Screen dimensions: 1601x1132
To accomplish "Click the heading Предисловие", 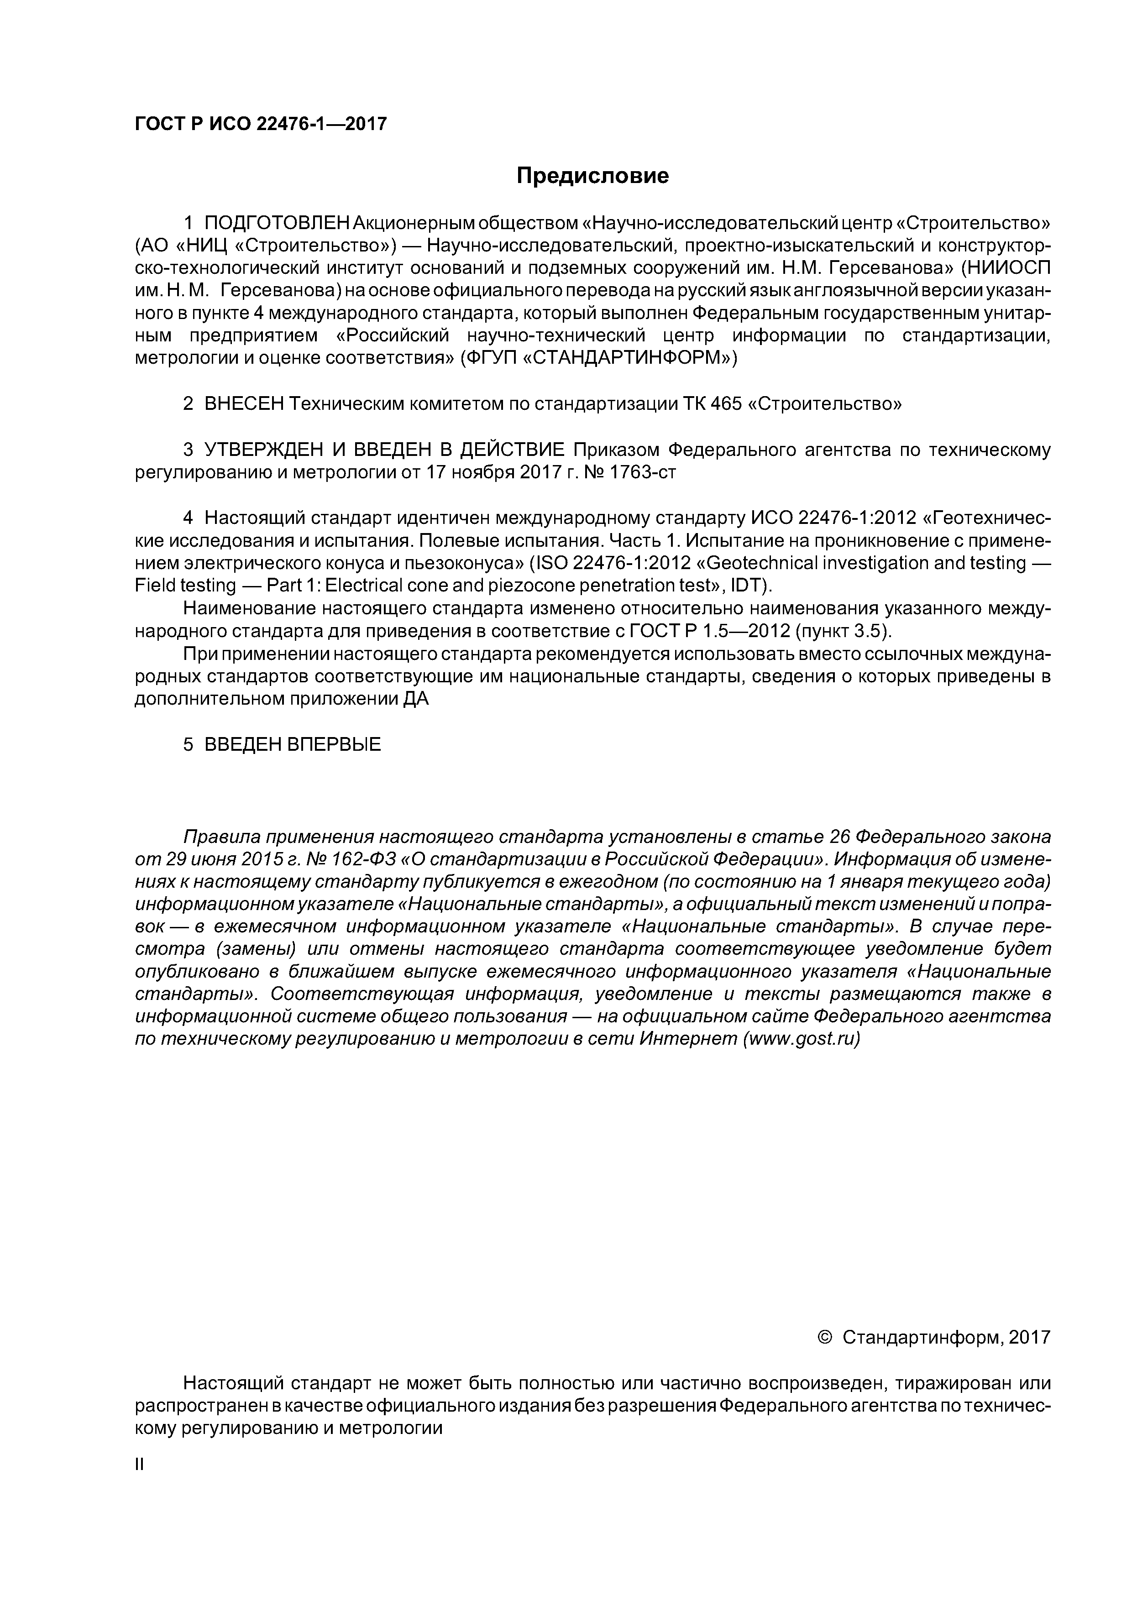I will tap(592, 176).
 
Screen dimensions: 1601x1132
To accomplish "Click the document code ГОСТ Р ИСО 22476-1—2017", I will tap(260, 124).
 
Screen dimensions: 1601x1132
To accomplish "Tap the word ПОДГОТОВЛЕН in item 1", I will tap(277, 223).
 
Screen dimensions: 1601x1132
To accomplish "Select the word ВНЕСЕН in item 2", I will tap(245, 404).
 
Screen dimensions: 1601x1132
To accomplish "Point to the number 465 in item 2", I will tap(725, 404).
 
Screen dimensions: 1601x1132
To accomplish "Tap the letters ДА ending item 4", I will tap(416, 699).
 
